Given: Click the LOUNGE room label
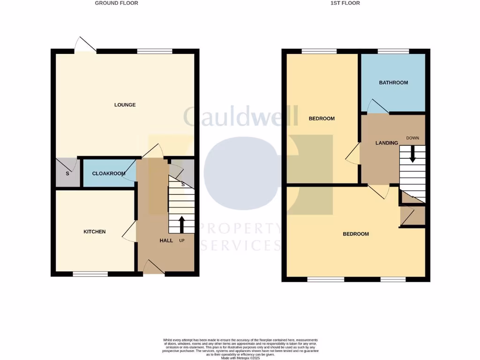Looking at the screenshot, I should [125, 105].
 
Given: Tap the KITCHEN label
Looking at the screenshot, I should [94, 232].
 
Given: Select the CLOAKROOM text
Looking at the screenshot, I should [109, 173].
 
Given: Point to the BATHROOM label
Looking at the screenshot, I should [393, 82].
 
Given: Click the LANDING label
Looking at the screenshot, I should [387, 143].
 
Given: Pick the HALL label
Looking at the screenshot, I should [166, 240].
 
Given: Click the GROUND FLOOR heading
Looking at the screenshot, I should [116, 3].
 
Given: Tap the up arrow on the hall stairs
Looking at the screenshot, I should [181, 224].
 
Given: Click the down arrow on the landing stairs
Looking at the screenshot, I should [412, 154].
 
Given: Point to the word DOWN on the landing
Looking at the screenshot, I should [412, 138].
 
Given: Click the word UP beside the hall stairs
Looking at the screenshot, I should [181, 240].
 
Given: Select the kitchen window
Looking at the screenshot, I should [90, 274].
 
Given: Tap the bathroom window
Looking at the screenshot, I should [393, 51].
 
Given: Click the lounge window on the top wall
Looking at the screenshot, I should [155, 51].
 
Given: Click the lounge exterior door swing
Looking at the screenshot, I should [86, 45].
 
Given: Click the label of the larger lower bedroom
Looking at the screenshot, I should [356, 234].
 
